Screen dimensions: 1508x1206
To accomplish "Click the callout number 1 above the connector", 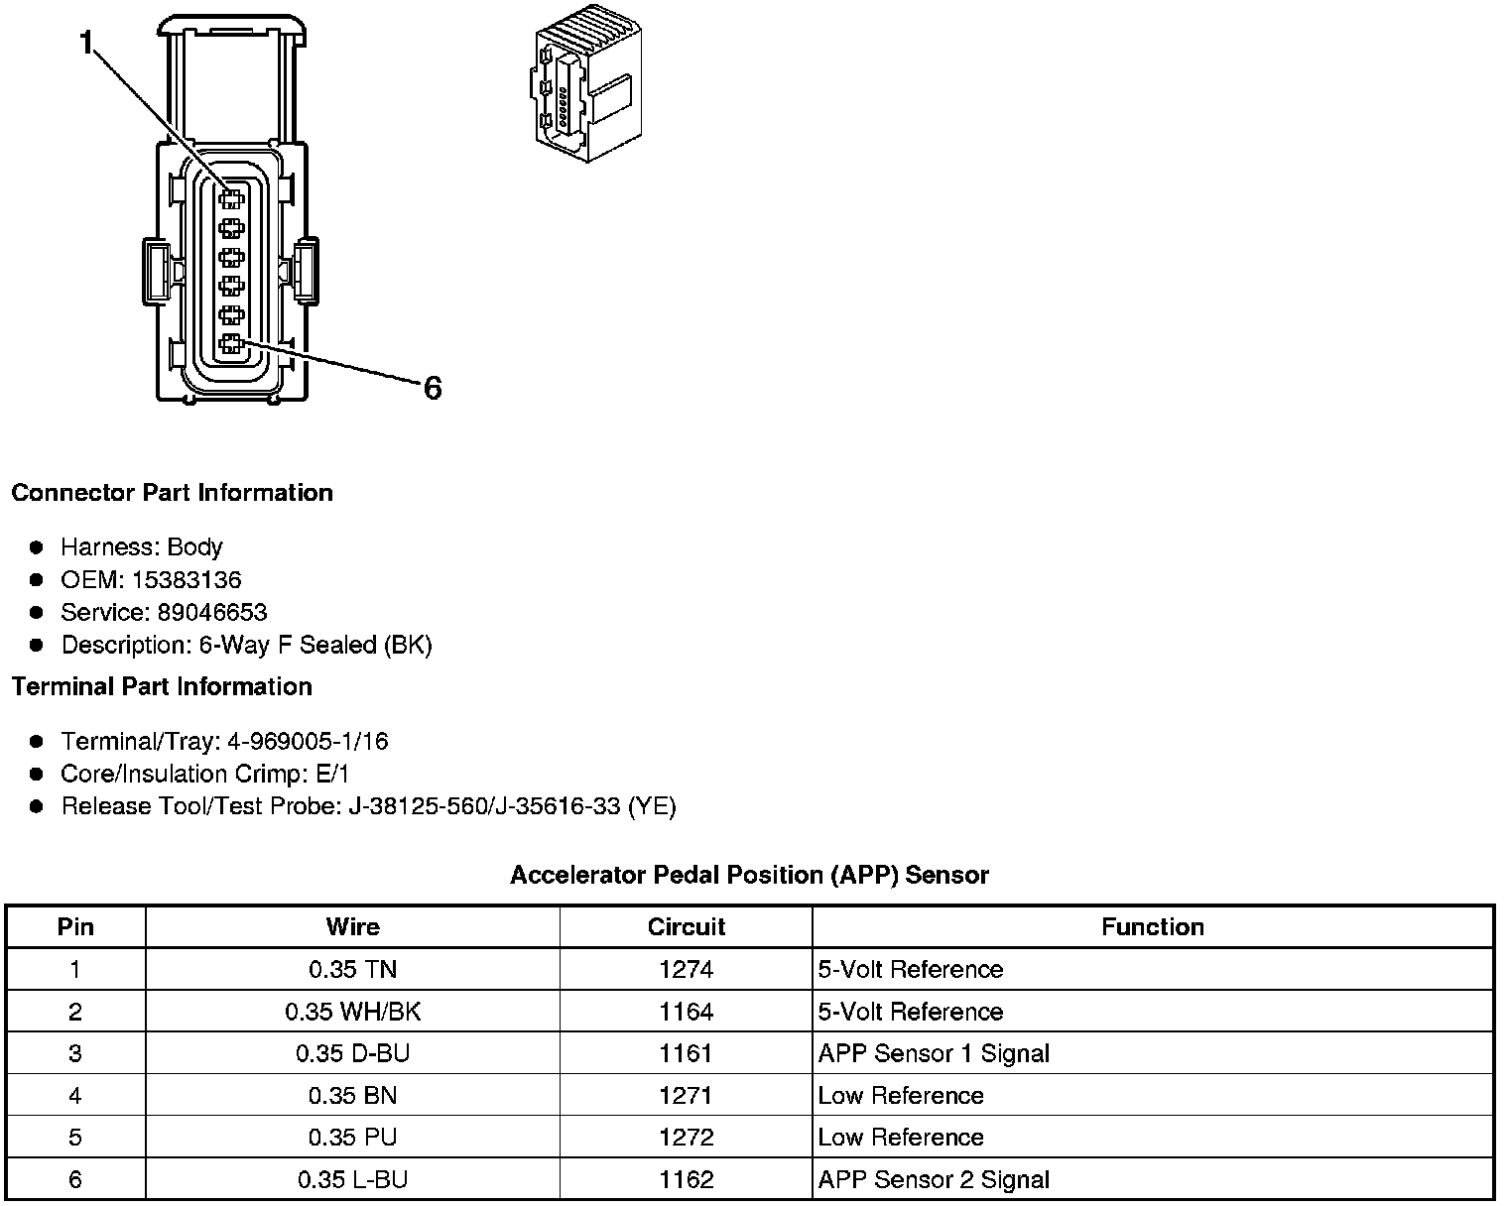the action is (88, 43).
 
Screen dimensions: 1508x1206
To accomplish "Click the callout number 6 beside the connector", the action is (432, 388).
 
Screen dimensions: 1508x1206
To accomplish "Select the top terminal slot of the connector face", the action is (231, 198).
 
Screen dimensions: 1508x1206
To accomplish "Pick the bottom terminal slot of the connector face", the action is (231, 345).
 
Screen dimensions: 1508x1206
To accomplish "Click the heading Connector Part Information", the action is (172, 493).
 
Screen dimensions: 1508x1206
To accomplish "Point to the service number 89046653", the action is (212, 613).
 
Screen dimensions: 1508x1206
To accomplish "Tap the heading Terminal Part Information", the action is (162, 686).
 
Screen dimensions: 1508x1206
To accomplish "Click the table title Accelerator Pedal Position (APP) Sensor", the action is (749, 875).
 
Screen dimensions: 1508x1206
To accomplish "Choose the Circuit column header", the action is (686, 927).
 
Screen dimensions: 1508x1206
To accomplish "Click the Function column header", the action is (1153, 927).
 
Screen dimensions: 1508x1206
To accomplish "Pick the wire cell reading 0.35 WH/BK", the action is (352, 1012).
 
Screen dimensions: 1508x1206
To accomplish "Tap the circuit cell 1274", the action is (686, 969).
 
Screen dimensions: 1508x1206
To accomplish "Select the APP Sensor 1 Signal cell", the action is (934, 1053).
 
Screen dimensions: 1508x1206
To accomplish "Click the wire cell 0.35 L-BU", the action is (352, 1179).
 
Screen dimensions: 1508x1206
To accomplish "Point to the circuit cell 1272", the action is (686, 1138).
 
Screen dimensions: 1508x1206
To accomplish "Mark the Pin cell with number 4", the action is (75, 1096).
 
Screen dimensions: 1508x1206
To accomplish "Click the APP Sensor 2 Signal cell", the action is (934, 1179).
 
